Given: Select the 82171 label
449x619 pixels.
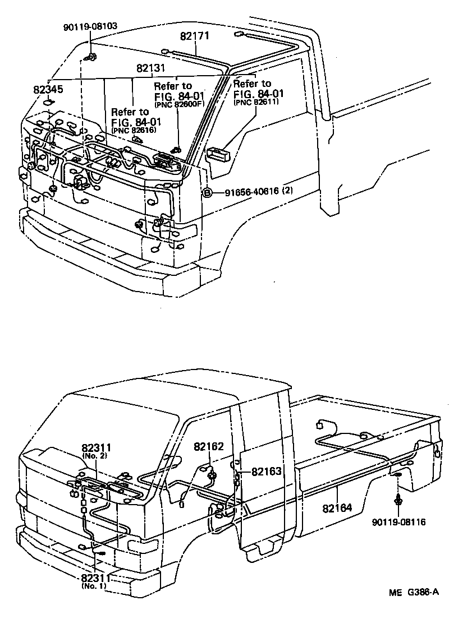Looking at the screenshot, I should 195,36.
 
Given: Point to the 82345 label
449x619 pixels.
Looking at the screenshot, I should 48,89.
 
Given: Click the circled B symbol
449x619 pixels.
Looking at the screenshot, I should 207,192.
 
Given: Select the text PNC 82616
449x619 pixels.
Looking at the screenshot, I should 134,131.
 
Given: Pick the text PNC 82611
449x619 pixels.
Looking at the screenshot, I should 255,101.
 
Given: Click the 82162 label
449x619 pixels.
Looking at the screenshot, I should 209,447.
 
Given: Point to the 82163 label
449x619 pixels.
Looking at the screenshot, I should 266,472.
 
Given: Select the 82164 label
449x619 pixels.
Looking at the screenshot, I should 337,508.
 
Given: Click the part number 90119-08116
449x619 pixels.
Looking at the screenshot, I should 398,522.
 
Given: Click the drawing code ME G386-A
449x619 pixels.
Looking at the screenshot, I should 413,592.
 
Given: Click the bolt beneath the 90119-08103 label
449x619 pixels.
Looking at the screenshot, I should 91,57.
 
